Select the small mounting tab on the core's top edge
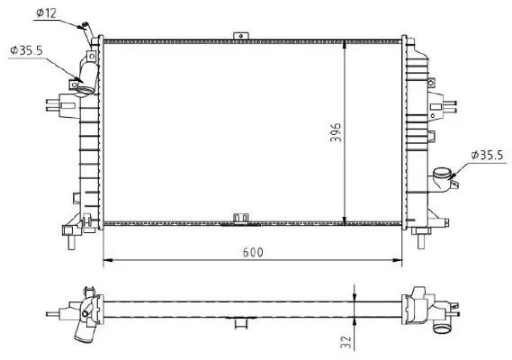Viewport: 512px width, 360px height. coord(239,35)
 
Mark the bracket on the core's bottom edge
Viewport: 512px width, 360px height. coord(240,219)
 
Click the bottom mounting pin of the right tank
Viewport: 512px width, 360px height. coord(423,238)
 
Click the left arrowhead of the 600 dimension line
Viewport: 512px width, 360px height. coord(110,261)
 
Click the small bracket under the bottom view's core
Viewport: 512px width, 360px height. coord(240,320)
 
